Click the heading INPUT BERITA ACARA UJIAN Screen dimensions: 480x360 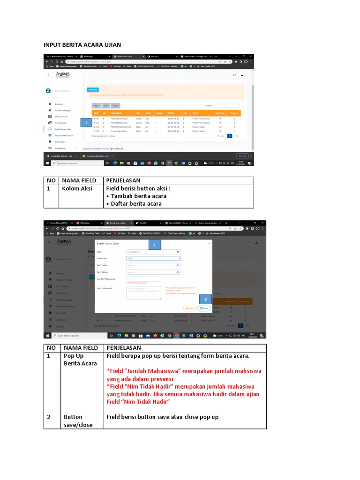tap(82, 45)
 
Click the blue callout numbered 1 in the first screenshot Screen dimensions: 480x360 tap(87, 122)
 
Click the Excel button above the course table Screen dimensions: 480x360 tap(115, 105)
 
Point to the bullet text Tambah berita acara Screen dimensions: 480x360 tap(136, 196)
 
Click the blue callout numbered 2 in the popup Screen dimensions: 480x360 tap(204, 300)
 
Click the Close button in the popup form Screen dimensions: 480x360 tap(189, 308)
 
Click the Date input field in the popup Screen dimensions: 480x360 tap(153, 252)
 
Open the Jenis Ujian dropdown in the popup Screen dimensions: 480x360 tap(153, 258)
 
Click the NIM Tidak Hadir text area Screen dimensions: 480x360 tap(143, 292)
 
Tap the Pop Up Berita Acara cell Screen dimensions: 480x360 tap(80, 360)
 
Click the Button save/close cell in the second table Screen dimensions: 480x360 tap(78, 420)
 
